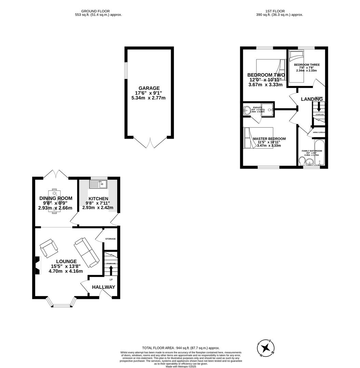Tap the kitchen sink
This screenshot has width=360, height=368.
(98, 184)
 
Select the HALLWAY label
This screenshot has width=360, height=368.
(103, 287)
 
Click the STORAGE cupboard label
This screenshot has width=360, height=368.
(110, 239)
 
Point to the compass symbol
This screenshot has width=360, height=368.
(266, 348)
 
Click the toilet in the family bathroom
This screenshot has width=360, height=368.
(302, 161)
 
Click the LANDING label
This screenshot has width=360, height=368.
(311, 99)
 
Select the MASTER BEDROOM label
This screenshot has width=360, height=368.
(269, 139)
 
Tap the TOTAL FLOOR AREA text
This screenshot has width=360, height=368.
(181, 348)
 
